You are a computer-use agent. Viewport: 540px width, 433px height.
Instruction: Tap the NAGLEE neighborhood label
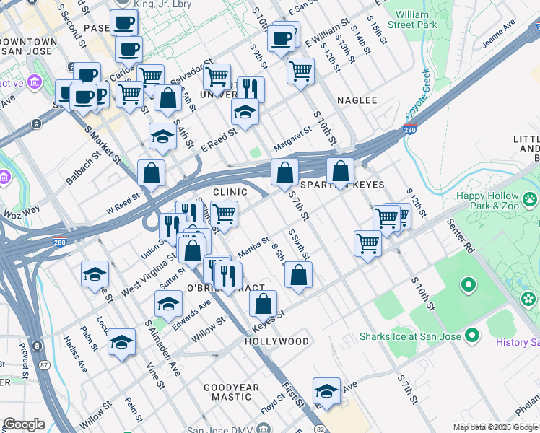(357, 100)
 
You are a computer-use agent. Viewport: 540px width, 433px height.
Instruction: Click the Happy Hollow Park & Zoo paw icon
(531, 197)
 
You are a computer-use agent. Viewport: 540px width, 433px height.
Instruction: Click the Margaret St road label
(292, 137)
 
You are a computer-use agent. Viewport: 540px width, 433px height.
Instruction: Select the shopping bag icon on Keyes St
(264, 305)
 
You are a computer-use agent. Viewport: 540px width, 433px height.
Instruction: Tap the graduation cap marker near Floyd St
(326, 392)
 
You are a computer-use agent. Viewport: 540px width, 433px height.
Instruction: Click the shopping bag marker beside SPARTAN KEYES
(340, 172)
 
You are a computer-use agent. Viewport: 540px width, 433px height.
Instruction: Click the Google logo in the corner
(24, 424)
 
